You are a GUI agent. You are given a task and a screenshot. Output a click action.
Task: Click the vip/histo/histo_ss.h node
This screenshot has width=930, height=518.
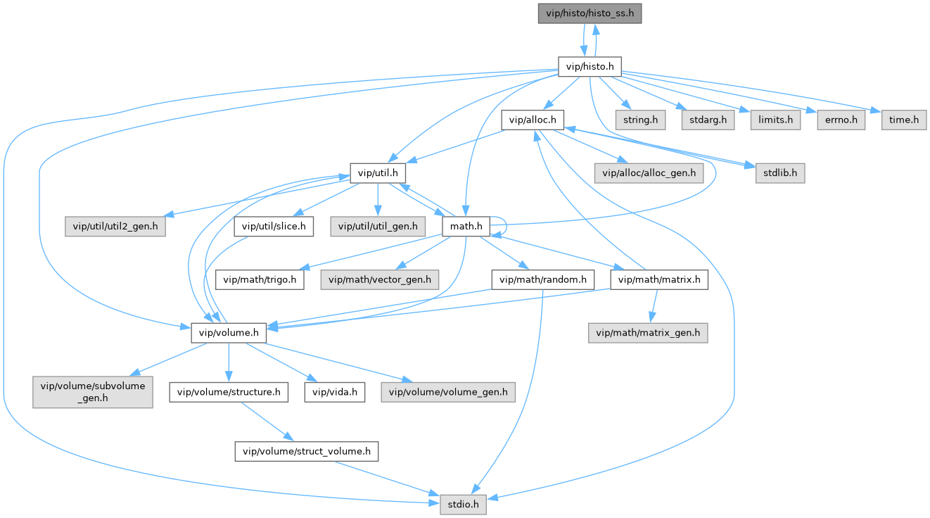click(x=590, y=13)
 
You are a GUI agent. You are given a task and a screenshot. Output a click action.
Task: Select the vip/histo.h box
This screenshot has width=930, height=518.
click(x=590, y=67)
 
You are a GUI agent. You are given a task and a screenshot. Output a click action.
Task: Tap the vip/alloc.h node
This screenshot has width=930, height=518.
click(x=533, y=120)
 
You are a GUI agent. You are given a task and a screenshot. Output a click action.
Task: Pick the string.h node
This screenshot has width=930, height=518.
click(x=640, y=120)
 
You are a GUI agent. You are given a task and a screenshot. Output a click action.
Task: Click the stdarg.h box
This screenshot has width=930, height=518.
click(x=707, y=120)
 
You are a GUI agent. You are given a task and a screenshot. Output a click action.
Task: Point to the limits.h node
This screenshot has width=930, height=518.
click(x=775, y=120)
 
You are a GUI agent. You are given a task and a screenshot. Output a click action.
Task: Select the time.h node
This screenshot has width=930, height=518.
click(x=904, y=120)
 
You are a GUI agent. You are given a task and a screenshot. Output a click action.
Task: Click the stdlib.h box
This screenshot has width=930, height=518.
click(x=779, y=173)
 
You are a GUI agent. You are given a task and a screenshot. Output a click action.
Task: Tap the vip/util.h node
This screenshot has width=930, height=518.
click(x=378, y=173)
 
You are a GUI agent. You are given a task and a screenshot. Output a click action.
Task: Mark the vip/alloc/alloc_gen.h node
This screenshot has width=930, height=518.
click(x=648, y=173)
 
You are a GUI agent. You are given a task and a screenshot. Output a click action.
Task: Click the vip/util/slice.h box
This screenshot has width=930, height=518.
click(x=274, y=226)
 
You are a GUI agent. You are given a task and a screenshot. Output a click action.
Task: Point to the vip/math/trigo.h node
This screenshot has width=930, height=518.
click(x=260, y=279)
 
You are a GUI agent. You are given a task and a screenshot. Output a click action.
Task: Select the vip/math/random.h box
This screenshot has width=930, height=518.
click(x=543, y=279)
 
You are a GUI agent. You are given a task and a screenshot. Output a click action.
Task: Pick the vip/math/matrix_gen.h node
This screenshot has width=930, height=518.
click(x=648, y=332)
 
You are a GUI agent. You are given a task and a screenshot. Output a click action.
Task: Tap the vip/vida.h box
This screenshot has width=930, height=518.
click(x=335, y=392)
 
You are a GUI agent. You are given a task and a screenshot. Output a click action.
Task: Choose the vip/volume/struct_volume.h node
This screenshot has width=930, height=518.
click(x=307, y=451)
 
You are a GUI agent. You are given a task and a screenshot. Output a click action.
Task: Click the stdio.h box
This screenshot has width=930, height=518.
click(x=463, y=504)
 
